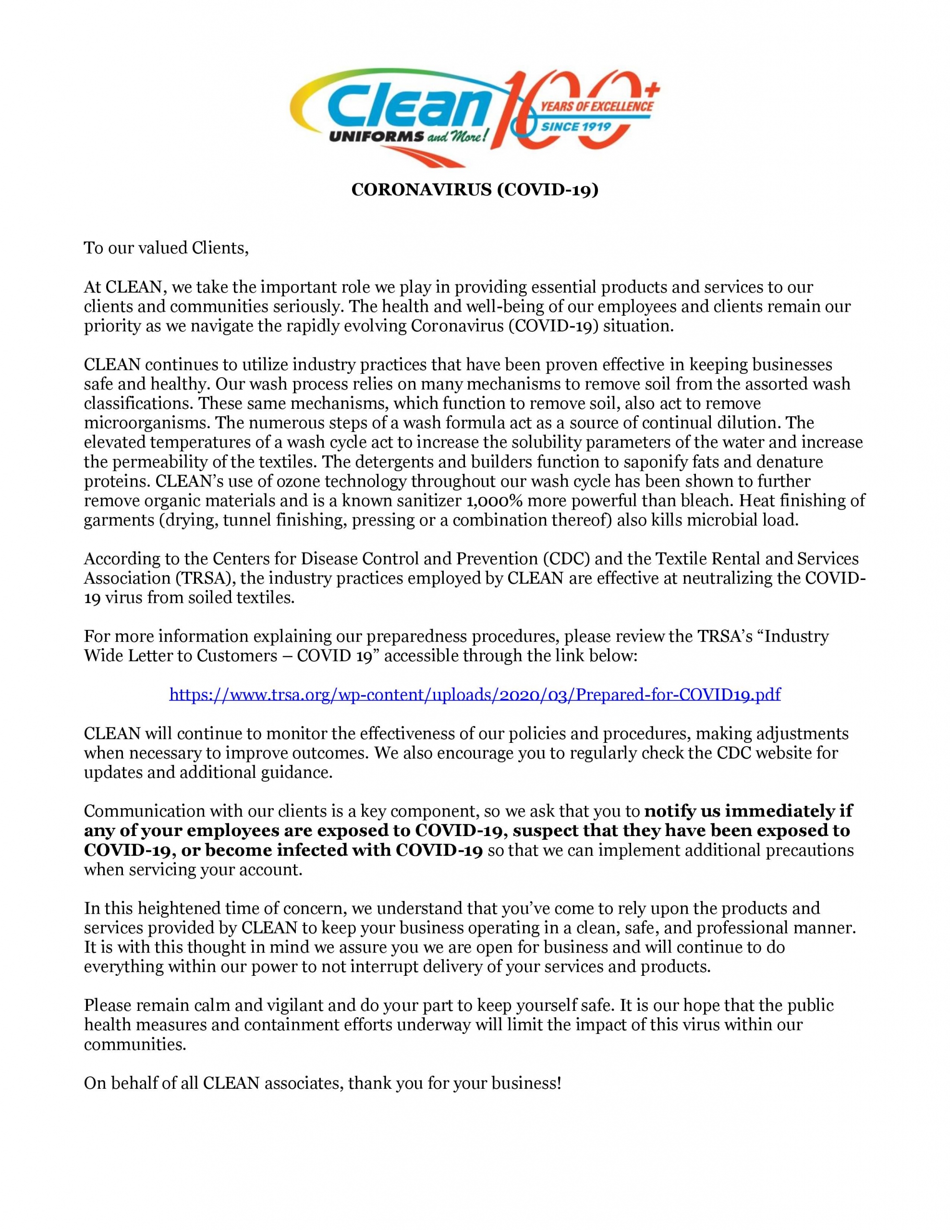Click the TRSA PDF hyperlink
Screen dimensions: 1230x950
point(475,694)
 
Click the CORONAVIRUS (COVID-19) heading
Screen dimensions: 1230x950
point(475,190)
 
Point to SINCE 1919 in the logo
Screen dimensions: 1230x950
point(575,127)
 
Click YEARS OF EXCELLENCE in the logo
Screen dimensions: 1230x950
point(597,106)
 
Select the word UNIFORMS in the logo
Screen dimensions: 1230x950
point(375,137)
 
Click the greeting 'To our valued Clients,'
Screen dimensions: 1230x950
point(166,248)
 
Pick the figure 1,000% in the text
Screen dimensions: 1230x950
point(492,501)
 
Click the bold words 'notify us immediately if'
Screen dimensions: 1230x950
point(748,811)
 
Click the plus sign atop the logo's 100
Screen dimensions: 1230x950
point(654,88)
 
